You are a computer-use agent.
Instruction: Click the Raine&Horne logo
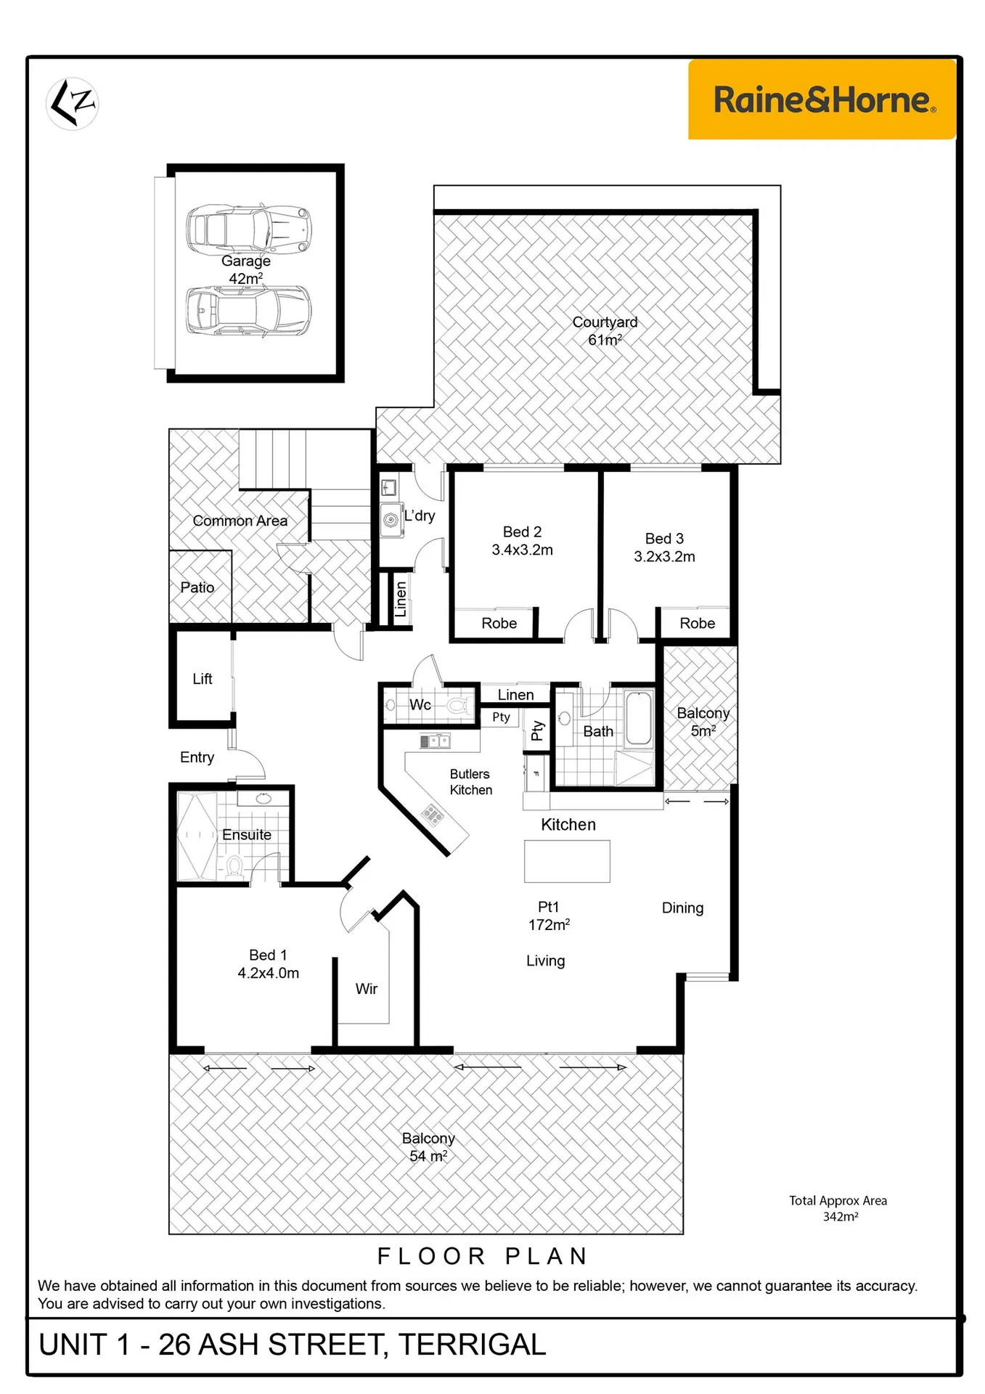coord(822,99)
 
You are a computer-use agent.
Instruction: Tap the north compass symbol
coord(73,104)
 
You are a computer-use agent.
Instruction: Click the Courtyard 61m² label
coord(605,331)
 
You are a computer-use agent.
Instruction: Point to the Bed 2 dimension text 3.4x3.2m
coord(522,550)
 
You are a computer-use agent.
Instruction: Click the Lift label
coord(202,679)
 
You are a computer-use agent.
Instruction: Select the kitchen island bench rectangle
coord(567,861)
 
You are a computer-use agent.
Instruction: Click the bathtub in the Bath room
coord(639,718)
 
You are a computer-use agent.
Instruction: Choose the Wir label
coord(367,989)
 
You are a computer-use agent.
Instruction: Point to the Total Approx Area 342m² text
coord(838,1208)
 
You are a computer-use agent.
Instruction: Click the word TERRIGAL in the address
coord(472,1345)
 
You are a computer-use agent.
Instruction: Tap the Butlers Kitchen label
coord(470,782)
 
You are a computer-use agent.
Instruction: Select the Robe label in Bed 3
coord(697,623)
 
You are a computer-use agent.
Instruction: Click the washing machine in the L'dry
coord(392,520)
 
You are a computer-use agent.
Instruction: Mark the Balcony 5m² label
coord(703,722)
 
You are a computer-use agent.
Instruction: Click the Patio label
coord(197,587)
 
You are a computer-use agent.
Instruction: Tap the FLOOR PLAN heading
coord(483,1256)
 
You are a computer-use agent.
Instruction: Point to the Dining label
coord(682,908)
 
